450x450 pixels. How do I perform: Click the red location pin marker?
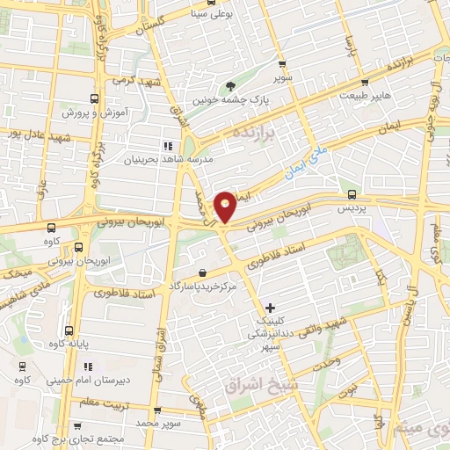pos(226,206)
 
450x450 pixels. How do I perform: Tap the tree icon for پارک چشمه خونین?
pos(231,86)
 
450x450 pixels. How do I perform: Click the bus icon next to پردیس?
pos(352,194)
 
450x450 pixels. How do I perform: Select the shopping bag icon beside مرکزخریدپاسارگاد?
pos(203,273)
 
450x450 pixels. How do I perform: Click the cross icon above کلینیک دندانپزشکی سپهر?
pos(270,307)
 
